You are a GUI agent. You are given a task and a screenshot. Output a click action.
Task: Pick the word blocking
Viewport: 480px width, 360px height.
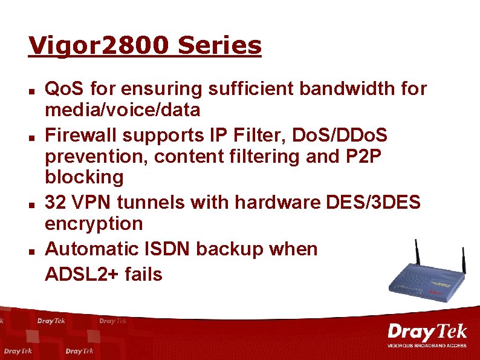[x=85, y=178]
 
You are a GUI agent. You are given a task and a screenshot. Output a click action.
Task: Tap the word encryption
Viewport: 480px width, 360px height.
[x=94, y=224]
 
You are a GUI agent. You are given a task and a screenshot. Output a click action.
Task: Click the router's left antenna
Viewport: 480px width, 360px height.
[x=418, y=255]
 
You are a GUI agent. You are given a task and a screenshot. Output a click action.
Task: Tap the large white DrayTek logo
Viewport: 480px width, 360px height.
[x=427, y=332]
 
